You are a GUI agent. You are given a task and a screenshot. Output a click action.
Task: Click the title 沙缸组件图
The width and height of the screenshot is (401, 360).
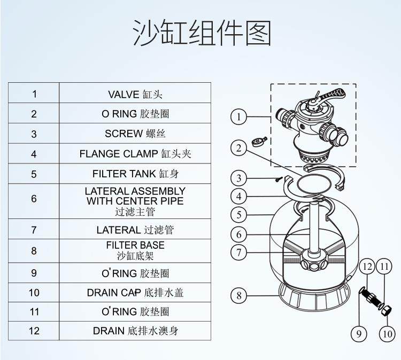201,33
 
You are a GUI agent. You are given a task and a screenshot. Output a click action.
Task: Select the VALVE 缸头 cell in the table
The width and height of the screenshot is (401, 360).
135,95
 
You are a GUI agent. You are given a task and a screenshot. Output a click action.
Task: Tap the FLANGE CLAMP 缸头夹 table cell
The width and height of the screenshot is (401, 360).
135,154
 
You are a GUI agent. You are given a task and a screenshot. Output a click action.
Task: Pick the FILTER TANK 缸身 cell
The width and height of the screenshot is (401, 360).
135,174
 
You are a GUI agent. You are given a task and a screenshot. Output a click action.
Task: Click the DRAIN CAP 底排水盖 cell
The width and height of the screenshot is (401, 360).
135,293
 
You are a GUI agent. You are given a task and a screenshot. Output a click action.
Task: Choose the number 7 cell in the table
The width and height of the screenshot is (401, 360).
34,230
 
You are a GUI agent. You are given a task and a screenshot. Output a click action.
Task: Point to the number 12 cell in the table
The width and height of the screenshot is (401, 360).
34,331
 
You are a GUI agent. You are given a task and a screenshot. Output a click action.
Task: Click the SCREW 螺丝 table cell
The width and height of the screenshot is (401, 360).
135,134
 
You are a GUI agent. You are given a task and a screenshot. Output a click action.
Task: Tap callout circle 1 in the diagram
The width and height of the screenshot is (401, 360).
240,116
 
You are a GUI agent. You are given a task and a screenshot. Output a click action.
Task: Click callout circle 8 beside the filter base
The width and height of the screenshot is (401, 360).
240,294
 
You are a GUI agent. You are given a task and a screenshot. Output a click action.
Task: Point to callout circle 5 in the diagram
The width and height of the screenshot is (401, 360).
240,215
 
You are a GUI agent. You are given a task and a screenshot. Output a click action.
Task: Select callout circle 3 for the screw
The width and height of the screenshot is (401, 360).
240,178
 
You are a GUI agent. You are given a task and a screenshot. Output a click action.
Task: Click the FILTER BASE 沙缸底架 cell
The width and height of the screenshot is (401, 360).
135,250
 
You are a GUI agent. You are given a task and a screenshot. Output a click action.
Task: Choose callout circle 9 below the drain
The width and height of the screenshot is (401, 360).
359,334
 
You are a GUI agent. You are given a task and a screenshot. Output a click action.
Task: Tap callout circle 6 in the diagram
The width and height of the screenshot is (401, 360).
240,234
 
